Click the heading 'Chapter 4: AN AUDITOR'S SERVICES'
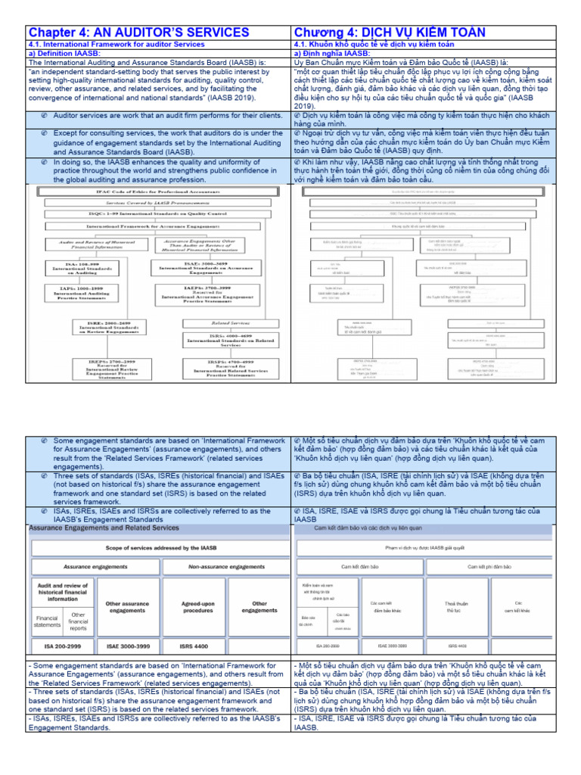[138, 32]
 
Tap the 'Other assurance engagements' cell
[127, 607]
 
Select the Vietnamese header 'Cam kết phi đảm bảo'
[489, 567]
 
